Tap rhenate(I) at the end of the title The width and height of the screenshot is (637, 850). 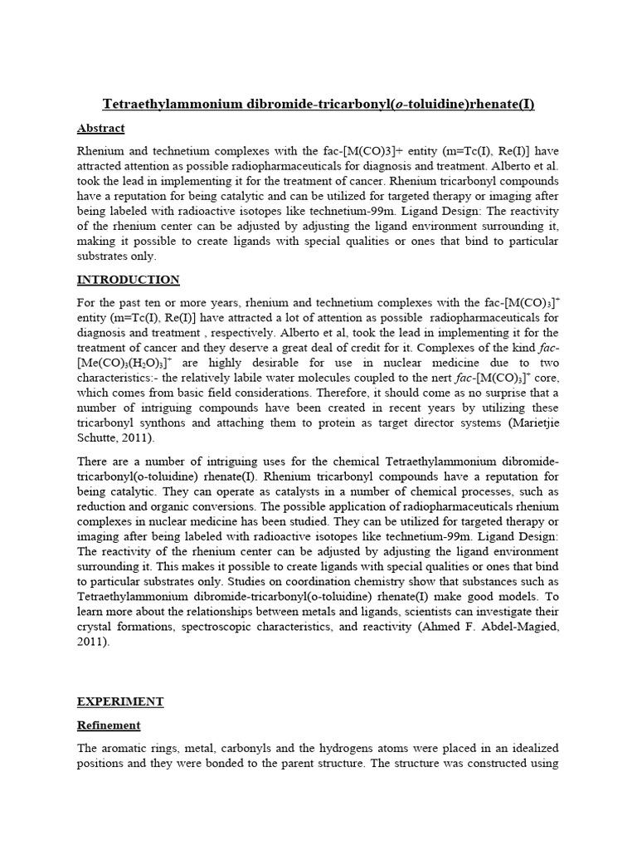point(500,104)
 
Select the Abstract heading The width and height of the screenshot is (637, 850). point(100,128)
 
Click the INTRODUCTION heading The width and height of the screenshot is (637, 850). point(128,279)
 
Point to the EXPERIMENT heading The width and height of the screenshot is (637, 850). point(120,701)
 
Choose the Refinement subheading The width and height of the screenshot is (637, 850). point(109,725)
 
